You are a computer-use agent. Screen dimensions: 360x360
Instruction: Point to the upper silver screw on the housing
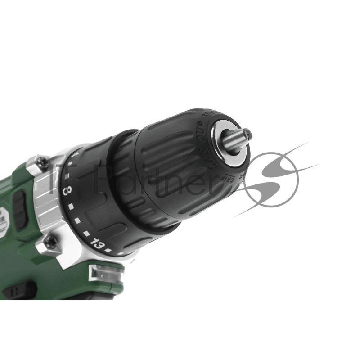(x=41, y=162)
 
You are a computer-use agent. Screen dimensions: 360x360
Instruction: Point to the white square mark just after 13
(x=108, y=250)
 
